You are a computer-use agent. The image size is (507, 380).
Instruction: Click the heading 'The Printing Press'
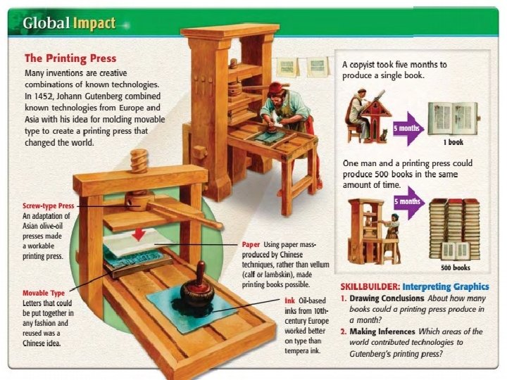click(x=70, y=58)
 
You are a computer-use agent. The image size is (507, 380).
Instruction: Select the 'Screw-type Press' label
click(x=49, y=205)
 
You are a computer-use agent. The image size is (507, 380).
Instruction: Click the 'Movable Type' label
click(x=44, y=293)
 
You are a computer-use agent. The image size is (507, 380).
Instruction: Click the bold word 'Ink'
click(x=280, y=300)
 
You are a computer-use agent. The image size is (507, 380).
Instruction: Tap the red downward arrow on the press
click(x=139, y=232)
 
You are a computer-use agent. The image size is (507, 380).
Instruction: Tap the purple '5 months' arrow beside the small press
click(x=408, y=202)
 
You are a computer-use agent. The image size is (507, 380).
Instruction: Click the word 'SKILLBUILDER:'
click(x=370, y=287)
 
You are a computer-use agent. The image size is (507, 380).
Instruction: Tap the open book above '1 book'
click(x=453, y=118)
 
